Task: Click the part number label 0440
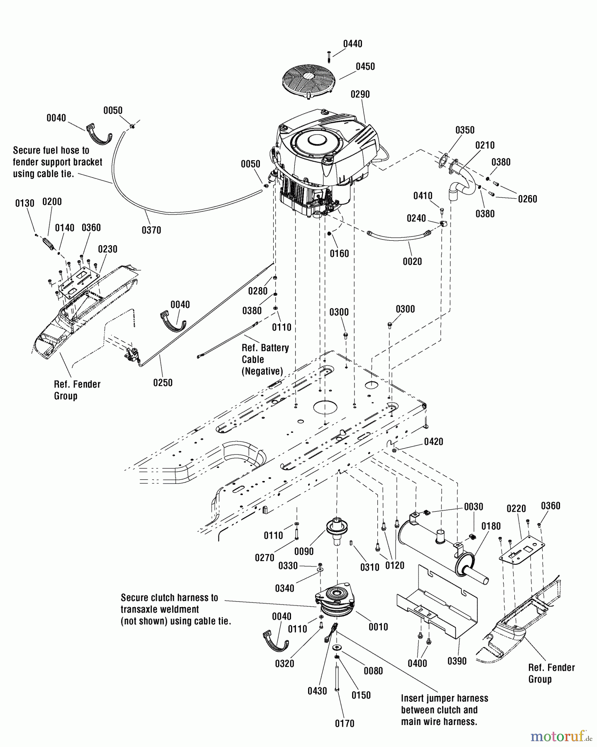click(x=352, y=44)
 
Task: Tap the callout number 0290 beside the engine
click(x=360, y=94)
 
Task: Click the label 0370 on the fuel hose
click(x=151, y=230)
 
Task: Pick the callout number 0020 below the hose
click(x=412, y=261)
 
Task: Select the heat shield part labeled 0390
click(x=436, y=602)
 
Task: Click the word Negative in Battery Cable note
click(x=262, y=371)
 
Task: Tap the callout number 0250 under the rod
click(x=163, y=383)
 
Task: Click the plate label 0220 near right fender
click(x=516, y=508)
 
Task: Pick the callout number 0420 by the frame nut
click(x=433, y=442)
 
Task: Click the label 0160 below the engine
click(x=339, y=254)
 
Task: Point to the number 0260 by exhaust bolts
click(x=527, y=199)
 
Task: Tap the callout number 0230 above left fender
click(x=108, y=249)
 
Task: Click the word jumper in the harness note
click(x=439, y=698)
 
